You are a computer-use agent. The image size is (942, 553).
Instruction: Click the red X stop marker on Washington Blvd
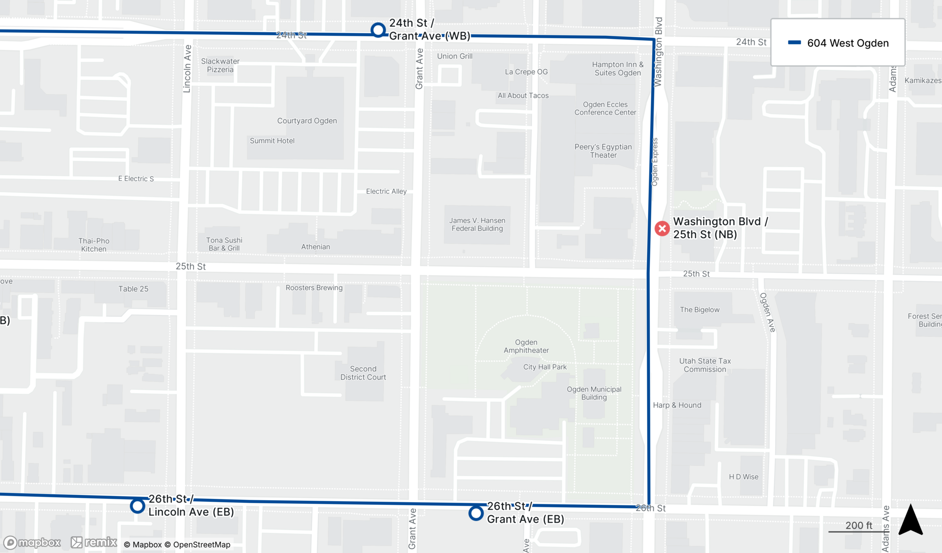pos(662,228)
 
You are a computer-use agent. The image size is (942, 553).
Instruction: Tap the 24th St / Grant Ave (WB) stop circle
pos(378,30)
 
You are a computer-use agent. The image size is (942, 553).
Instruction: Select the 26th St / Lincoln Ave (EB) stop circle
pos(138,506)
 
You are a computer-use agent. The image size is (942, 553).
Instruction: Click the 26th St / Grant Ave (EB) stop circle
pos(476,513)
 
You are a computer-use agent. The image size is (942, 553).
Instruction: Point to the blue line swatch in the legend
pos(795,43)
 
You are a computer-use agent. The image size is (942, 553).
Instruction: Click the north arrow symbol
pos(910,520)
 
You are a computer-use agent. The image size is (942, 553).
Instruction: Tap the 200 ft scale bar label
pos(859,525)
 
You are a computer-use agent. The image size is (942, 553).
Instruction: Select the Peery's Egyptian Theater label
pos(603,151)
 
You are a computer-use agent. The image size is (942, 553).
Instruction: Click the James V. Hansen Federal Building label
pos(477,225)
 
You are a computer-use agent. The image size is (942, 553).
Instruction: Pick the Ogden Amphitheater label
pos(526,346)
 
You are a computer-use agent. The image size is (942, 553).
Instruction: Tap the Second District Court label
pos(363,373)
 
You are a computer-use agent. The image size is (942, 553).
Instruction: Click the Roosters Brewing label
pos(314,288)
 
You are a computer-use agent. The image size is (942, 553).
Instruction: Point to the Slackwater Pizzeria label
pos(220,65)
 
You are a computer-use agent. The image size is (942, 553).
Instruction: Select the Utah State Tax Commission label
pos(705,365)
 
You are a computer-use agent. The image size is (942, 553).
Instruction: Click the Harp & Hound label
pos(677,405)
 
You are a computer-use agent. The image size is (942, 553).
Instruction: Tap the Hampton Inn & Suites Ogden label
pos(617,69)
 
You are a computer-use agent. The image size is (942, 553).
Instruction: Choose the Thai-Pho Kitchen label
pos(94,245)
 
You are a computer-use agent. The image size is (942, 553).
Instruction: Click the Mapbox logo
pos(32,543)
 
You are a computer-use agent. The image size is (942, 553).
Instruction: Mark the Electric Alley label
pos(386,191)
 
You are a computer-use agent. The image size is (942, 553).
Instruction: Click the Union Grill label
pos(455,56)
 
